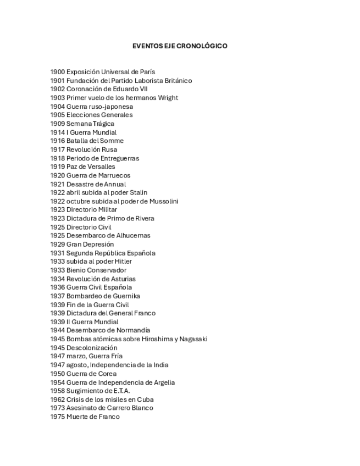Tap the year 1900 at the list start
[57, 72]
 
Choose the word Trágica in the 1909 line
[103, 124]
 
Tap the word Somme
[114, 141]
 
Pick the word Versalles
[101, 167]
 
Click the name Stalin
[138, 192]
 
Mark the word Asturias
[121, 279]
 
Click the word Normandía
[131, 330]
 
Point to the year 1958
[57, 391]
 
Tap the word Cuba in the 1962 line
[145, 400]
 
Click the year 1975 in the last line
[57, 417]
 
